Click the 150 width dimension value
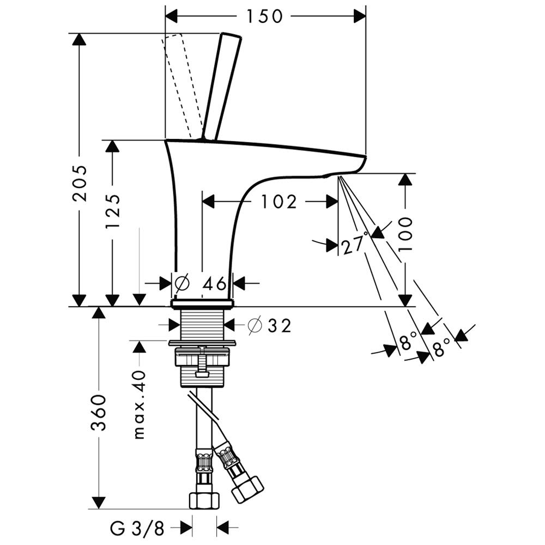[x=264, y=16]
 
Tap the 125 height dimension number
[x=113, y=211]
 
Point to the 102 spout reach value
[x=278, y=202]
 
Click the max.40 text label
[x=140, y=404]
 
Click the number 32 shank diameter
[x=279, y=326]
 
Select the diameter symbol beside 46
[x=183, y=283]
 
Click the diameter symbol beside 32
[x=254, y=326]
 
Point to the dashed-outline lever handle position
[x=181, y=84]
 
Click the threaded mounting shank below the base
[x=202, y=325]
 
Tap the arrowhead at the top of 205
[x=80, y=39]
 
